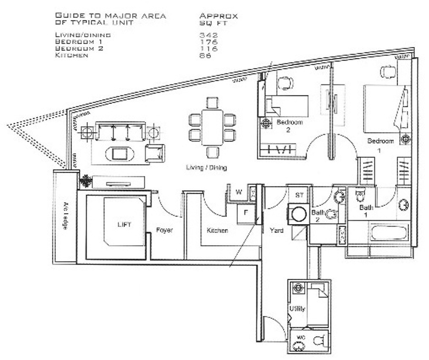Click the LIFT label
124,225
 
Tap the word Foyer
164,230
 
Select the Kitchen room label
217,230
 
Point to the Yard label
276,230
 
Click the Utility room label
297,309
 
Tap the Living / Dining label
206,167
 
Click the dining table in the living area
212,127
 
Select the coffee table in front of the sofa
120,154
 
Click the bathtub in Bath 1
388,233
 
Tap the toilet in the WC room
319,340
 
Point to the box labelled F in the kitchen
246,213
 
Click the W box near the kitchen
239,192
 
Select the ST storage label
300,195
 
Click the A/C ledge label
65,216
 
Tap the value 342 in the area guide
208,35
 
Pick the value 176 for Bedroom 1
208,42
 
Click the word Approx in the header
219,16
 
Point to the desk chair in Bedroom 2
285,83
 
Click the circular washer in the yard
299,214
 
